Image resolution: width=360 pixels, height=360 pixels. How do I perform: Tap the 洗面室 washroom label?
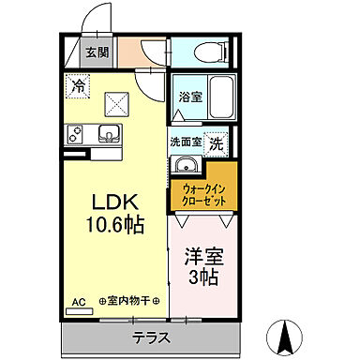click(x=187, y=142)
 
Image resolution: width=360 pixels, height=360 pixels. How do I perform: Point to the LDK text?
click(x=116, y=202)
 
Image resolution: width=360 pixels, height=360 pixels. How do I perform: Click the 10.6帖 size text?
click(x=116, y=225)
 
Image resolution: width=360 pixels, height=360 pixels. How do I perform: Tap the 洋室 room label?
click(x=205, y=255)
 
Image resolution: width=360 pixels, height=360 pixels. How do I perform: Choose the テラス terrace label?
click(x=150, y=335)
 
